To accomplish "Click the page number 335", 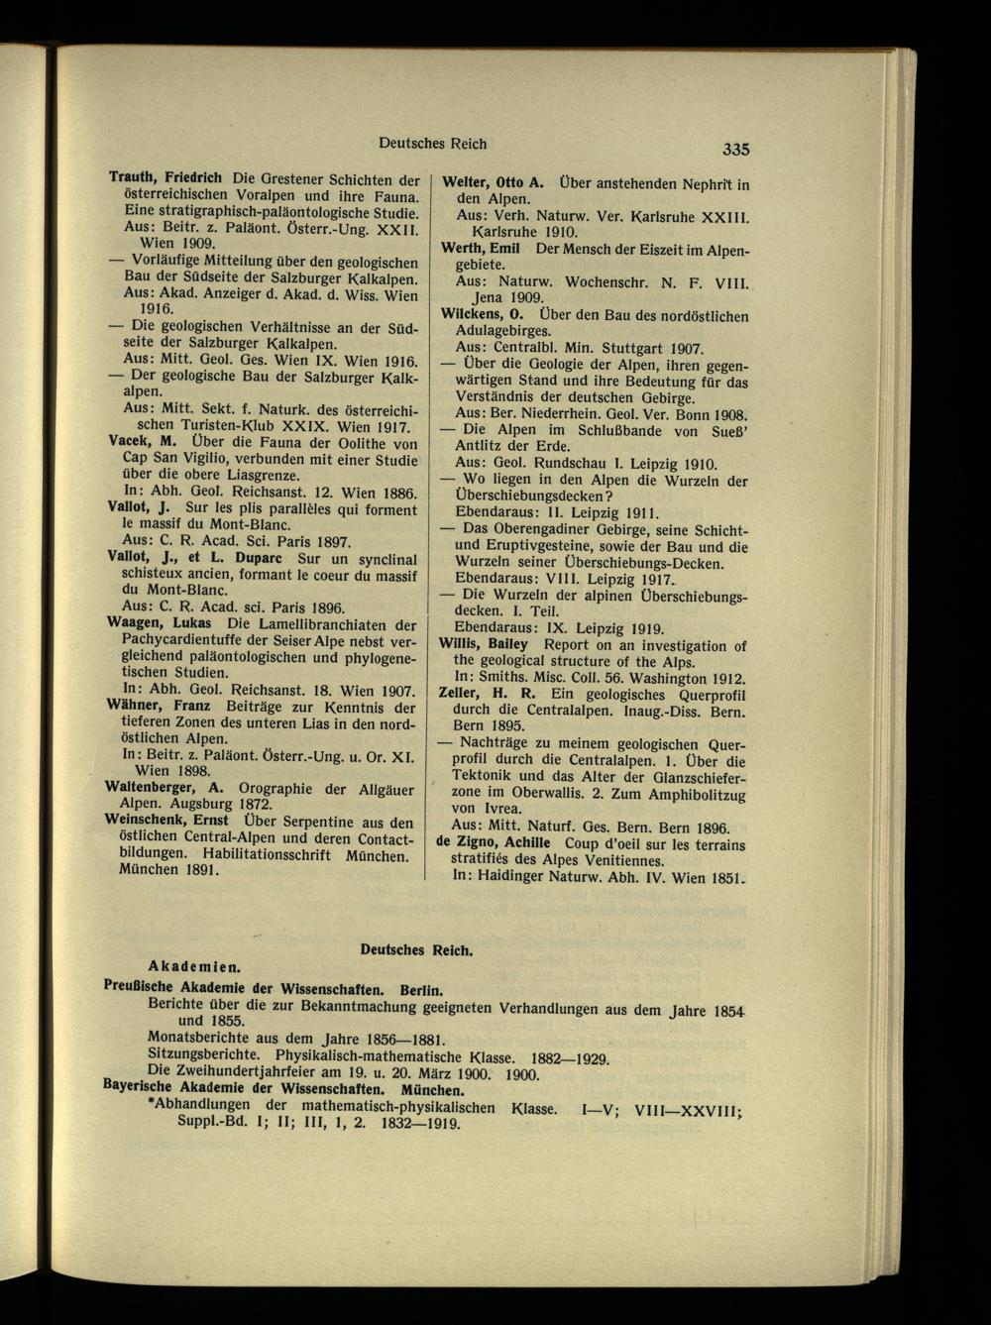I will pyautogui.click(x=735, y=150).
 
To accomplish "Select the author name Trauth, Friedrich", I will pyautogui.click(x=165, y=179).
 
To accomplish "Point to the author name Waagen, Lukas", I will pyautogui.click(x=159, y=623).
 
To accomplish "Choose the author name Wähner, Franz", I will pyautogui.click(x=158, y=706).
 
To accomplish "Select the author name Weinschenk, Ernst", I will pyautogui.click(x=166, y=822).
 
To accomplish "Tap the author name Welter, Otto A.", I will pyautogui.click(x=493, y=182).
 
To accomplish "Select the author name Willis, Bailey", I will pyautogui.click(x=485, y=644).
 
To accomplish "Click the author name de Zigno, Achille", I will pyautogui.click(x=493, y=841).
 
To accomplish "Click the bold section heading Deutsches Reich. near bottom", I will pyautogui.click(x=416, y=948).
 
